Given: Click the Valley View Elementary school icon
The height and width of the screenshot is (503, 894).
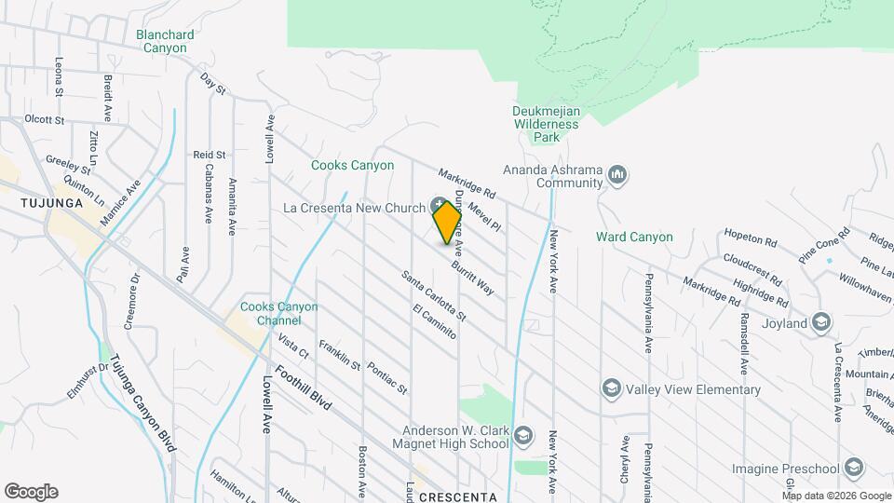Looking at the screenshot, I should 611,388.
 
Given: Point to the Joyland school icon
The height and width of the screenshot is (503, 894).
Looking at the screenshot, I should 820,323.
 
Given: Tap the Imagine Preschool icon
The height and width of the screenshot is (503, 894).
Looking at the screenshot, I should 855,468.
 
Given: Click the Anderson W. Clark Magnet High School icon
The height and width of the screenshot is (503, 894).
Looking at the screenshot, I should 523,436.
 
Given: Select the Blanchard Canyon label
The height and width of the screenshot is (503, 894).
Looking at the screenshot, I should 165,42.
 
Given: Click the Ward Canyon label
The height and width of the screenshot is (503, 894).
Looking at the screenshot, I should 634,237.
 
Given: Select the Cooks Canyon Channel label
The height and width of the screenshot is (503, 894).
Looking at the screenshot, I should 278,314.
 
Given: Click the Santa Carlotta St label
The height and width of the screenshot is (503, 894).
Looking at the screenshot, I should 433,297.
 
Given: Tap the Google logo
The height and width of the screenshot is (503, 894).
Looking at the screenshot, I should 31,492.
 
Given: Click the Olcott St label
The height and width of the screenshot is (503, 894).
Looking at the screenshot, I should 44,120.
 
